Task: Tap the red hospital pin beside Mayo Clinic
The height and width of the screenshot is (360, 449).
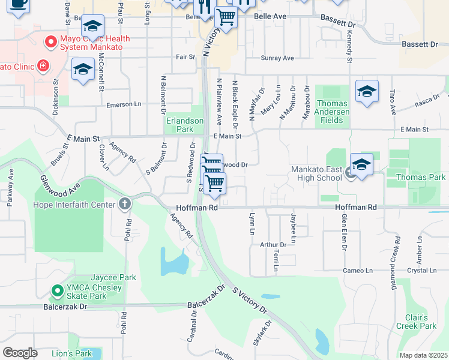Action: tap(43, 65)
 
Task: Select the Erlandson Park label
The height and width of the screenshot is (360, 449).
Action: tap(184, 125)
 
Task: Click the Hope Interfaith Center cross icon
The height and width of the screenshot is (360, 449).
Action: tap(125, 205)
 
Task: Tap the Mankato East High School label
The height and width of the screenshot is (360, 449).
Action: tap(316, 173)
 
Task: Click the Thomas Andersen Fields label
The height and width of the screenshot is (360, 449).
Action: tap(332, 112)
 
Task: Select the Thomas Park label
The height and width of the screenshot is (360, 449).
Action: tap(421, 177)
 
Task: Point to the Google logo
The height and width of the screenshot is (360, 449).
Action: tap(20, 353)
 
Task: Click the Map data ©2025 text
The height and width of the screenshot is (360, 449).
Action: tap(423, 355)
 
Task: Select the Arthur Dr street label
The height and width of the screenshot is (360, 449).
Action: tap(273, 245)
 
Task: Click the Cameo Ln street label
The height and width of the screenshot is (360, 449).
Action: tap(358, 271)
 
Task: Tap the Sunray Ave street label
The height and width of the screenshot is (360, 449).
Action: tap(277, 58)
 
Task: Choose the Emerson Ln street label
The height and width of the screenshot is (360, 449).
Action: tap(124, 104)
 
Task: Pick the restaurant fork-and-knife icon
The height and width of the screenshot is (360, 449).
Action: tap(204, 6)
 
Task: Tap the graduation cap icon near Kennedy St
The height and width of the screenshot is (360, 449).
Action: tap(366, 92)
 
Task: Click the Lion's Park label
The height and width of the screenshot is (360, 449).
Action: tap(71, 353)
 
